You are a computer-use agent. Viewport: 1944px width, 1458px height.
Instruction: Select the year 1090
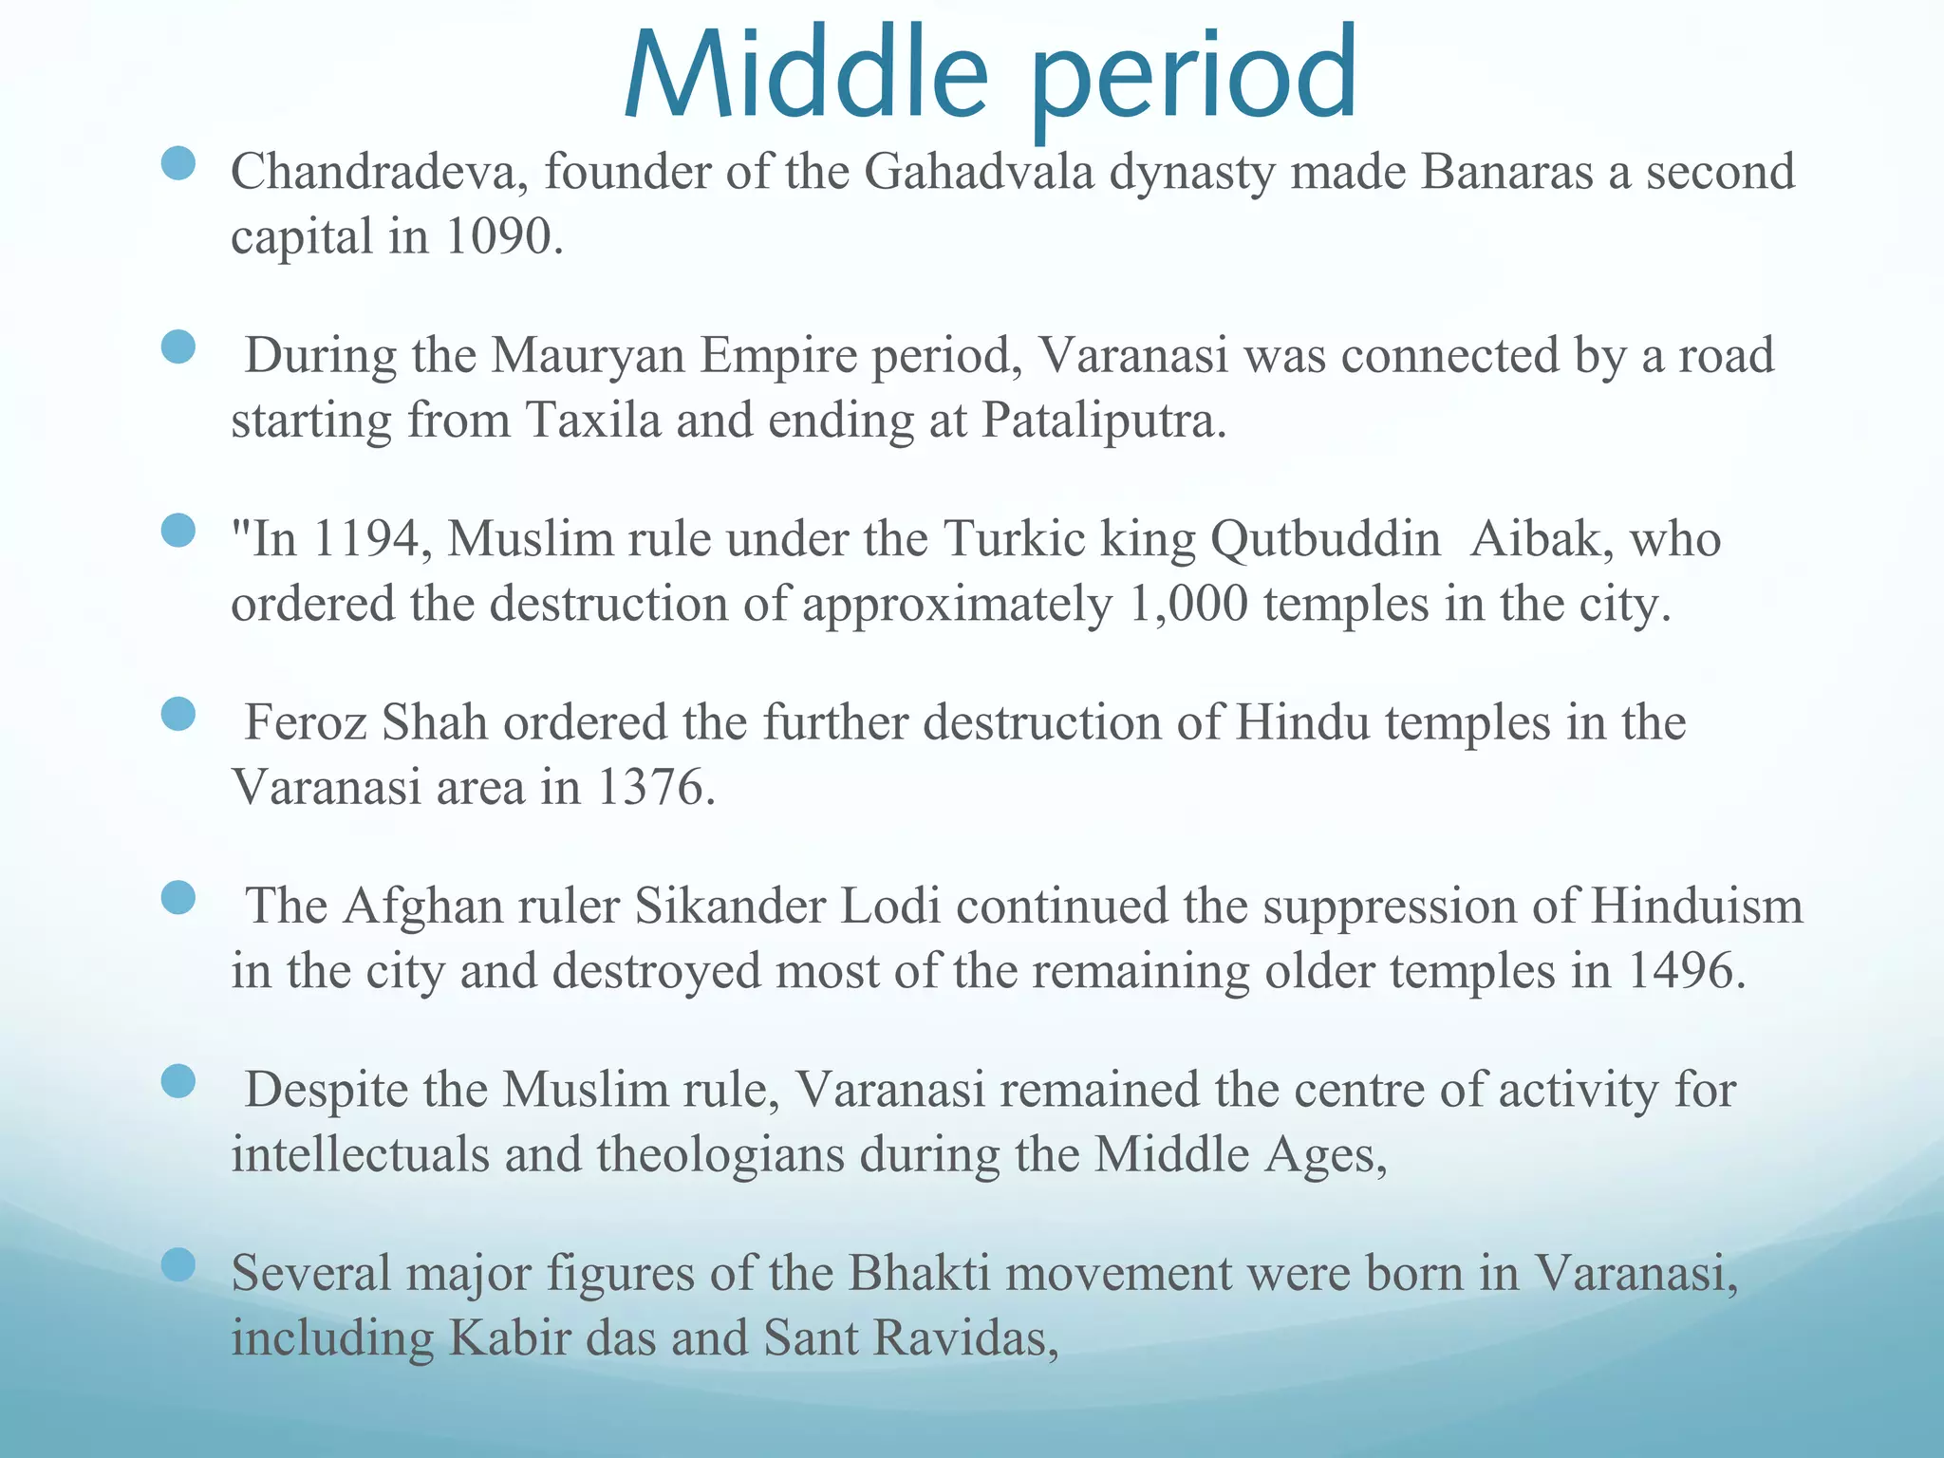[497, 237]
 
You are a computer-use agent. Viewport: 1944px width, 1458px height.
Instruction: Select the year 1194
[364, 539]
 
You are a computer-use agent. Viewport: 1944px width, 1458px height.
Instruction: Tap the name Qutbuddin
[1325, 539]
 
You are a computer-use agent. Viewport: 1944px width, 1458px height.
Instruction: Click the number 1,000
[1188, 605]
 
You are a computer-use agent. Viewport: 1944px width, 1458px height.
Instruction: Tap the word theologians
[720, 1155]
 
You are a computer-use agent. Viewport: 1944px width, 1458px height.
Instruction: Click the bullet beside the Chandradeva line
[178, 163]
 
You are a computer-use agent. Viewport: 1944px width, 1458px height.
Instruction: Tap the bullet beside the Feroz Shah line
[178, 714]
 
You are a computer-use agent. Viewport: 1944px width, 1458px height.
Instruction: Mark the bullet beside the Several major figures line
[178, 1264]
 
